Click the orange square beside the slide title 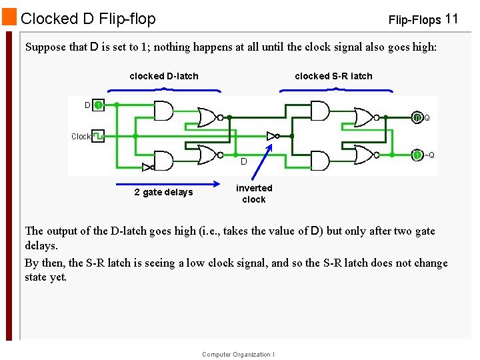(9, 17)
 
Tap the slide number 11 (451, 19)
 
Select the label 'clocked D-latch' (163, 76)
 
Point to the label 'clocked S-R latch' (333, 76)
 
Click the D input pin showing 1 (97, 105)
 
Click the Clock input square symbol (97, 136)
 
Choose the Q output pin (417, 117)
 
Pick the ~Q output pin (417, 155)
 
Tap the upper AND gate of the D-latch (163, 111)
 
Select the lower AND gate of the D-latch (163, 161)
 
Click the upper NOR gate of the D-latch (208, 117)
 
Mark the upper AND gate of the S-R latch (320, 111)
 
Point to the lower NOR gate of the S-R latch (365, 155)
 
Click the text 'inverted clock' (254, 193)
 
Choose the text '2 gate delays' (163, 193)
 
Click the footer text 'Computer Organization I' (238, 355)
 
